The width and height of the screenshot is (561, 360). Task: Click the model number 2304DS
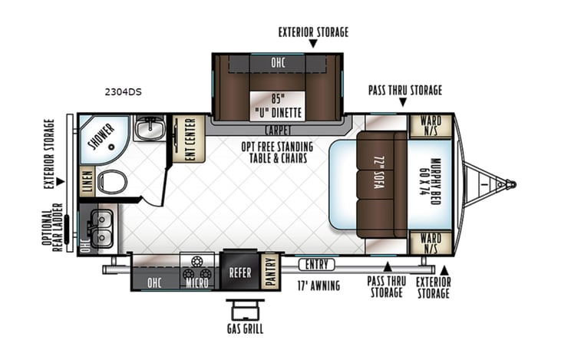pos(124,92)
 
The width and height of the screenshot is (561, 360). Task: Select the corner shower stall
pos(104,138)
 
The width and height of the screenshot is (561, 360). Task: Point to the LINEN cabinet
pos(87,181)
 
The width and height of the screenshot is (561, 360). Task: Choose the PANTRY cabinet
pos(270,271)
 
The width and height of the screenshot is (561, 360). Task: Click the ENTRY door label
pos(315,265)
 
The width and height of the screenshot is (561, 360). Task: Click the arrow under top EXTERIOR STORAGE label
pos(312,45)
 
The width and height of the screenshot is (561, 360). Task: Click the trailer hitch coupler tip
pos(513,184)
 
